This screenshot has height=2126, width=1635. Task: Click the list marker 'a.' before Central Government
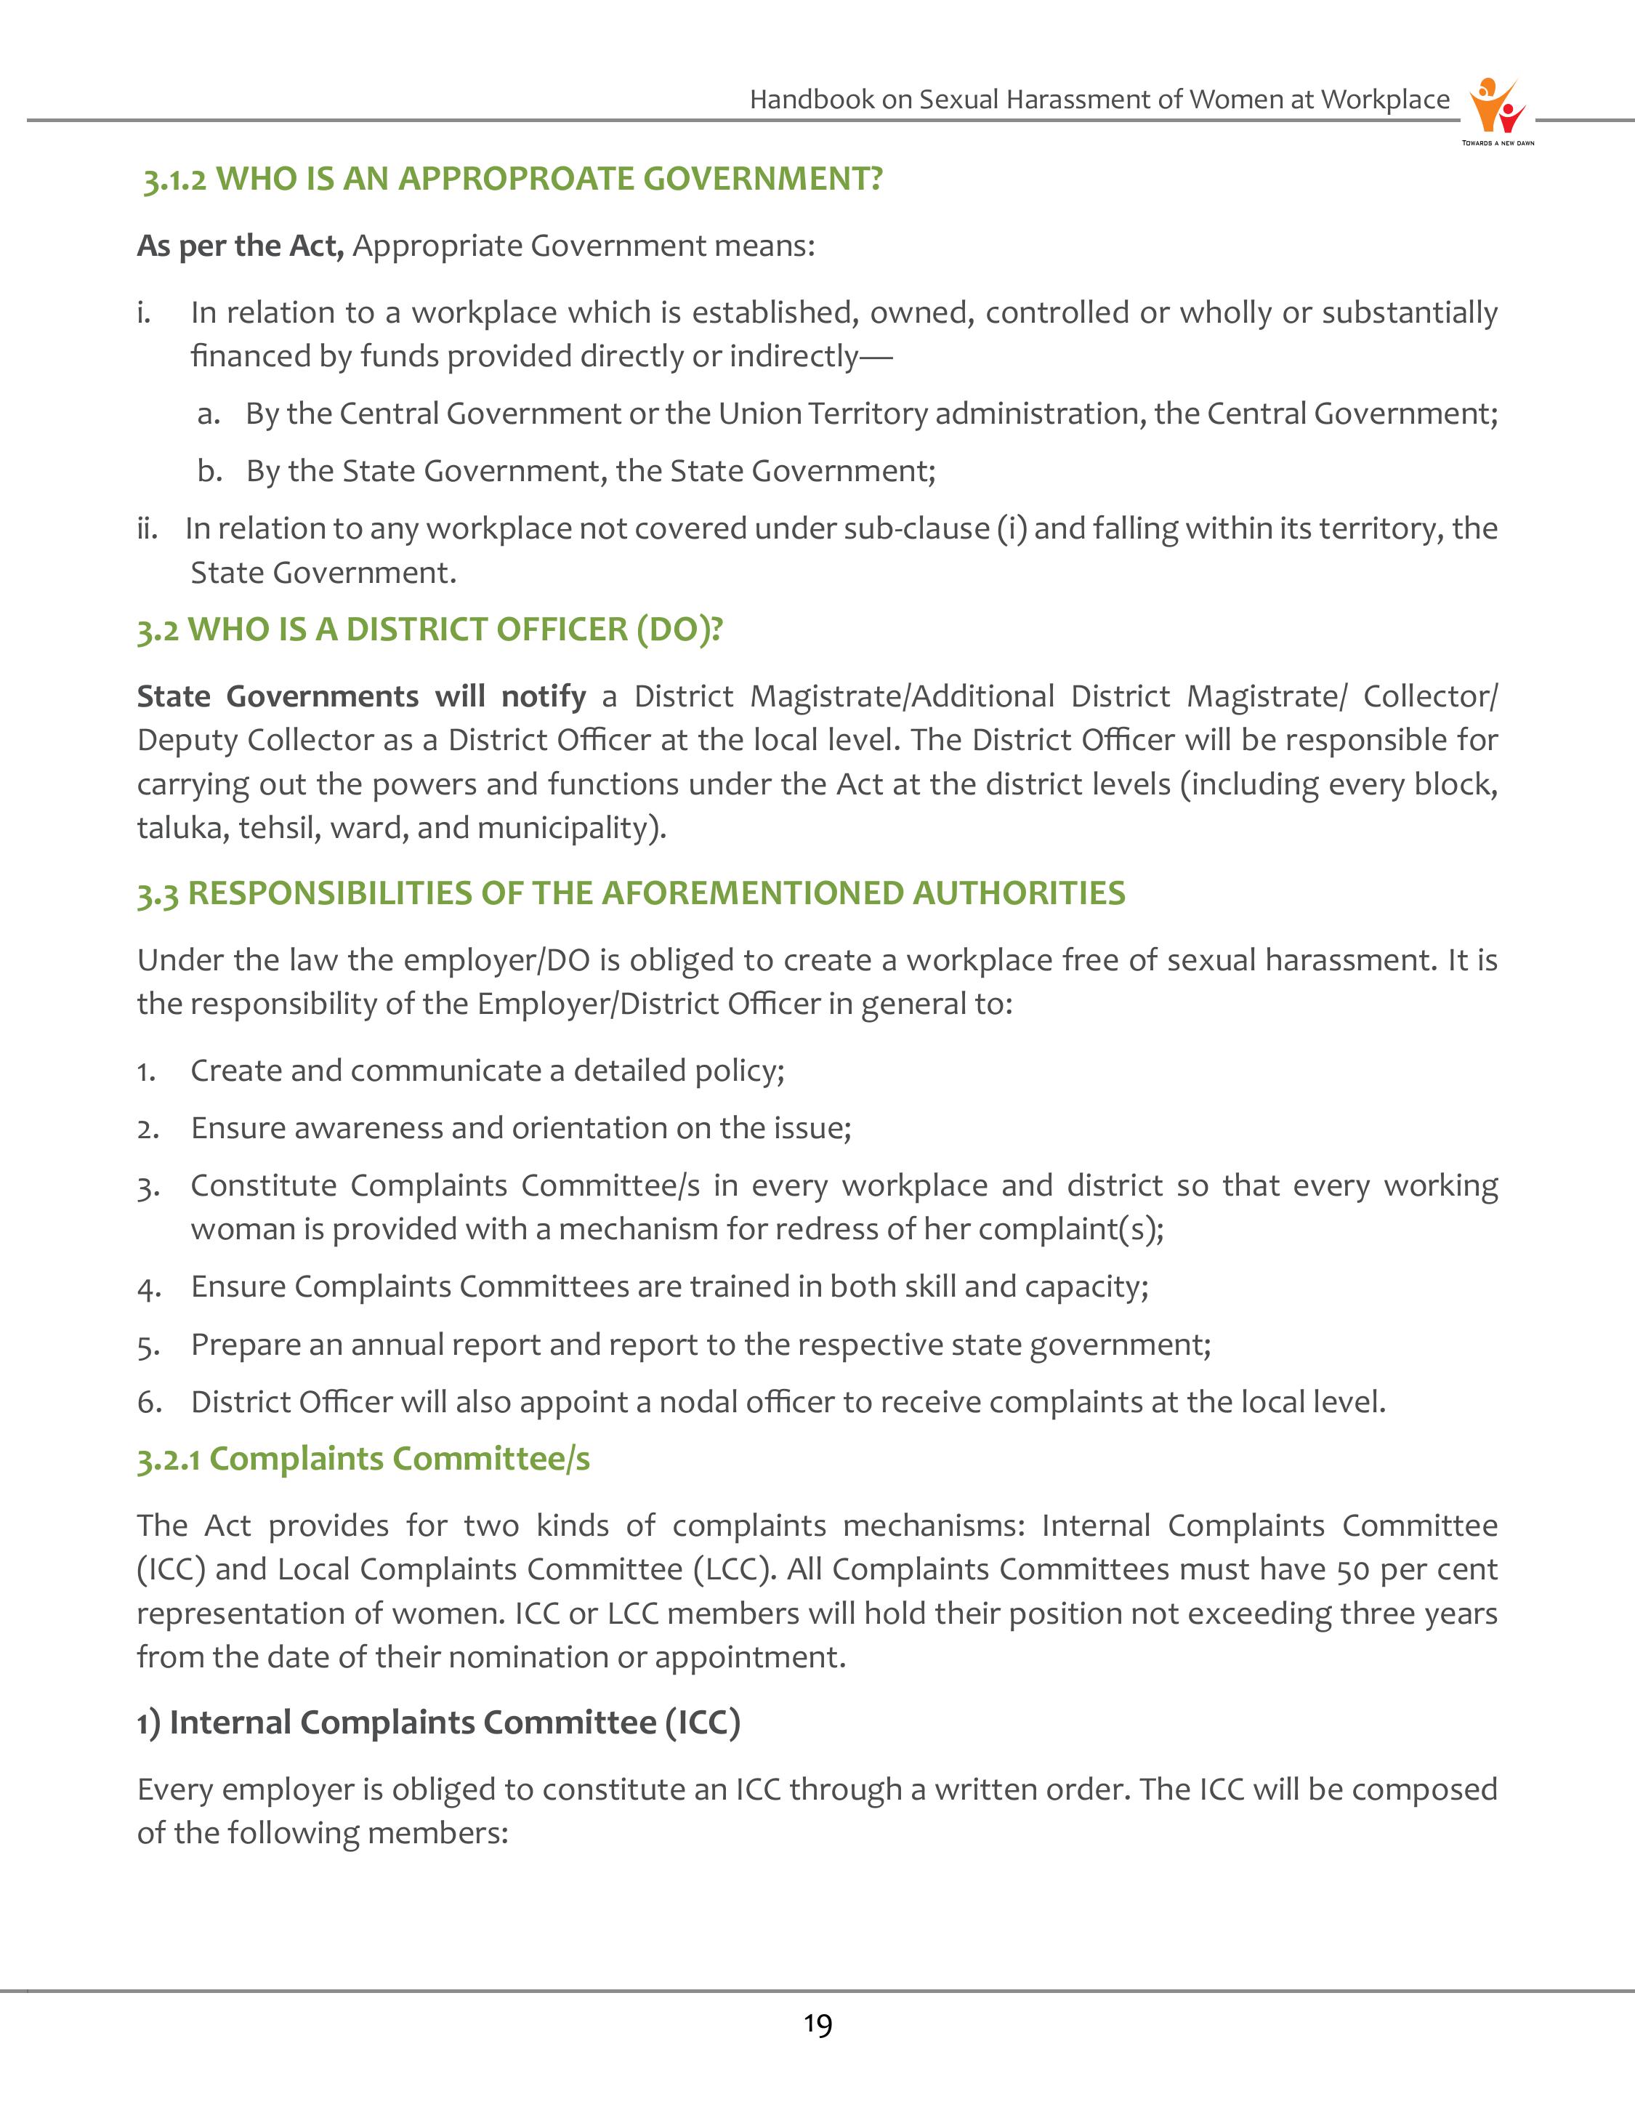[x=209, y=414]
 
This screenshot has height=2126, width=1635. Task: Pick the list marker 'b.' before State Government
[x=209, y=471]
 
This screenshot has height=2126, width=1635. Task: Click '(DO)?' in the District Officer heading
[x=679, y=630]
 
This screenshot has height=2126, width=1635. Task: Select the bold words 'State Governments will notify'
[x=361, y=696]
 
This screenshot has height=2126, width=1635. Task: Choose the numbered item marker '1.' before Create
[x=147, y=1072]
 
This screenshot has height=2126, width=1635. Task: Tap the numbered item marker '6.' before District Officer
[x=149, y=1403]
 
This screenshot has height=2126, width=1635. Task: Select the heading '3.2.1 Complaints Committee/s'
[x=363, y=1459]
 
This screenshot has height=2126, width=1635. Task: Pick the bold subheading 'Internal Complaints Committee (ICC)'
[x=454, y=1723]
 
